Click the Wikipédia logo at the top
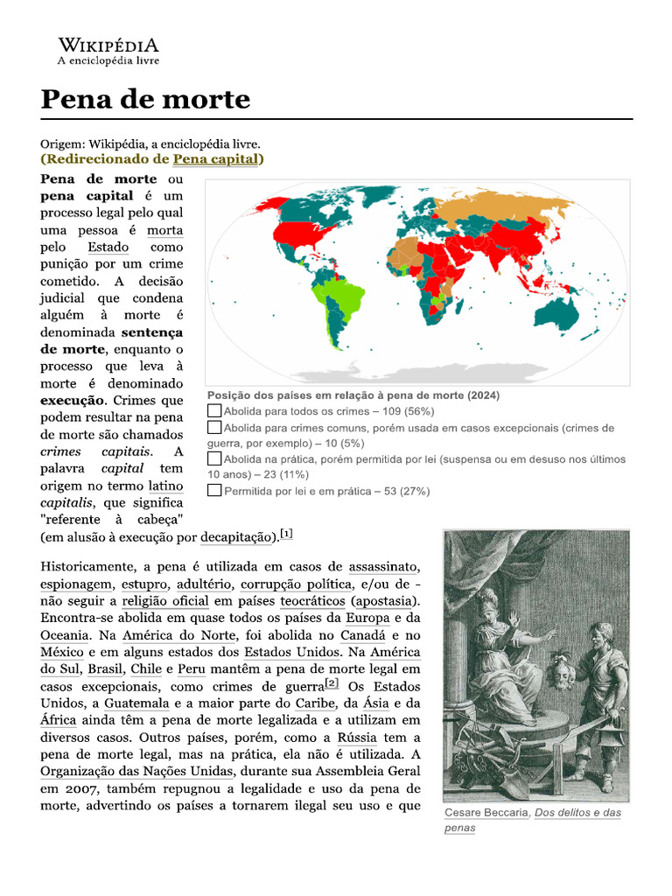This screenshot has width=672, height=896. pos(108,51)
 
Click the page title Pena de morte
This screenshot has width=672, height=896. pos(145,100)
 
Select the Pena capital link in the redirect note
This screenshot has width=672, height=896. pos(215,159)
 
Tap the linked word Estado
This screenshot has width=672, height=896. pos(108,248)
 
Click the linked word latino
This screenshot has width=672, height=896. pos(165,486)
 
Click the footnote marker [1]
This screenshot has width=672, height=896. pos(287,533)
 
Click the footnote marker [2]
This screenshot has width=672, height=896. pos(332,683)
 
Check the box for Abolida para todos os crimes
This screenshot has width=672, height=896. pos(214,410)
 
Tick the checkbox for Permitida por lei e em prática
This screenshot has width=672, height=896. pos(214,491)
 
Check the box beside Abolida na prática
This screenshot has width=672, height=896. pos(214,458)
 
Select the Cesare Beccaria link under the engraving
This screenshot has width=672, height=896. pos(486,813)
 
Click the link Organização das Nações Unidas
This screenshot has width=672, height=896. pos(136,771)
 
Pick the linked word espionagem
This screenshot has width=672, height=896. pos(75,584)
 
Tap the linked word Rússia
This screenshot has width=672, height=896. pos(356,737)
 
